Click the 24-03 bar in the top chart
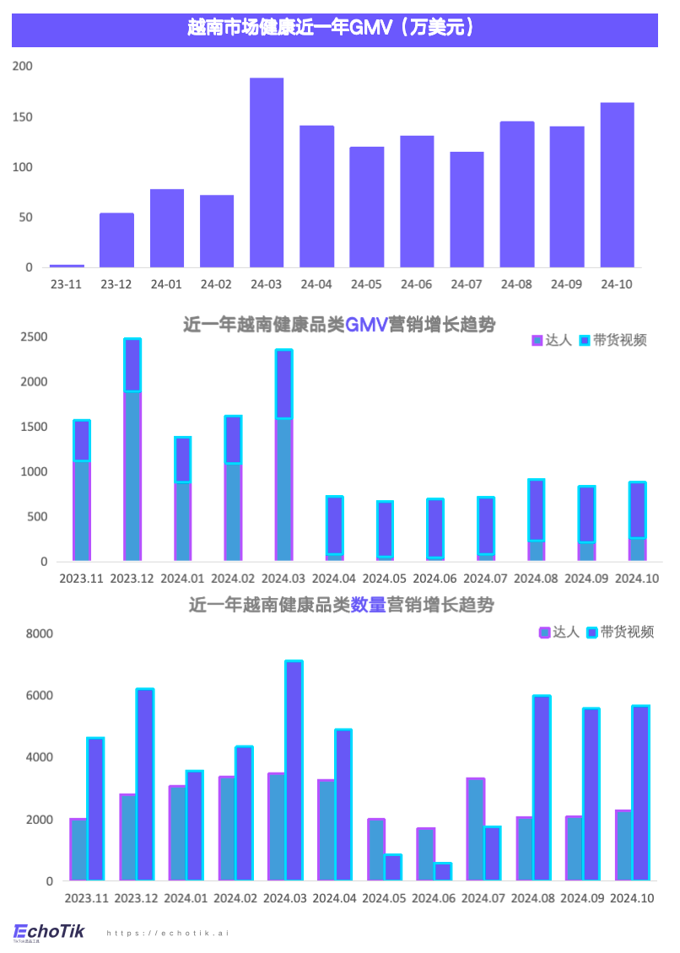(267, 173)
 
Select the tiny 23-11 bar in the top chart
(67, 266)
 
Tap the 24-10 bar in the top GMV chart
(617, 186)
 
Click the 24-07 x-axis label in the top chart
(467, 284)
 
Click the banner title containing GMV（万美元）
(334, 29)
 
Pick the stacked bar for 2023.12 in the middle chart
(132, 450)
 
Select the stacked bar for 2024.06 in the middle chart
(434, 530)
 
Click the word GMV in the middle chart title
(365, 325)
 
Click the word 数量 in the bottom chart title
(368, 605)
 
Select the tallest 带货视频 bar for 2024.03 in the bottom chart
(294, 771)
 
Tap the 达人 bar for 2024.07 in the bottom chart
(476, 830)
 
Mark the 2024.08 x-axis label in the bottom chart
(533, 899)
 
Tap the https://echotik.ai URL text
(168, 934)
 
